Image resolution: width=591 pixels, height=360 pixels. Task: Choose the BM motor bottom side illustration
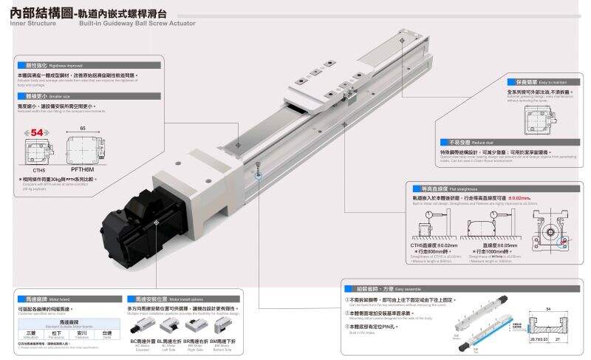[x=223, y=328]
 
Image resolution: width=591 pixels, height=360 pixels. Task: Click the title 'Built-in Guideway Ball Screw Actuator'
[x=137, y=23]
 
